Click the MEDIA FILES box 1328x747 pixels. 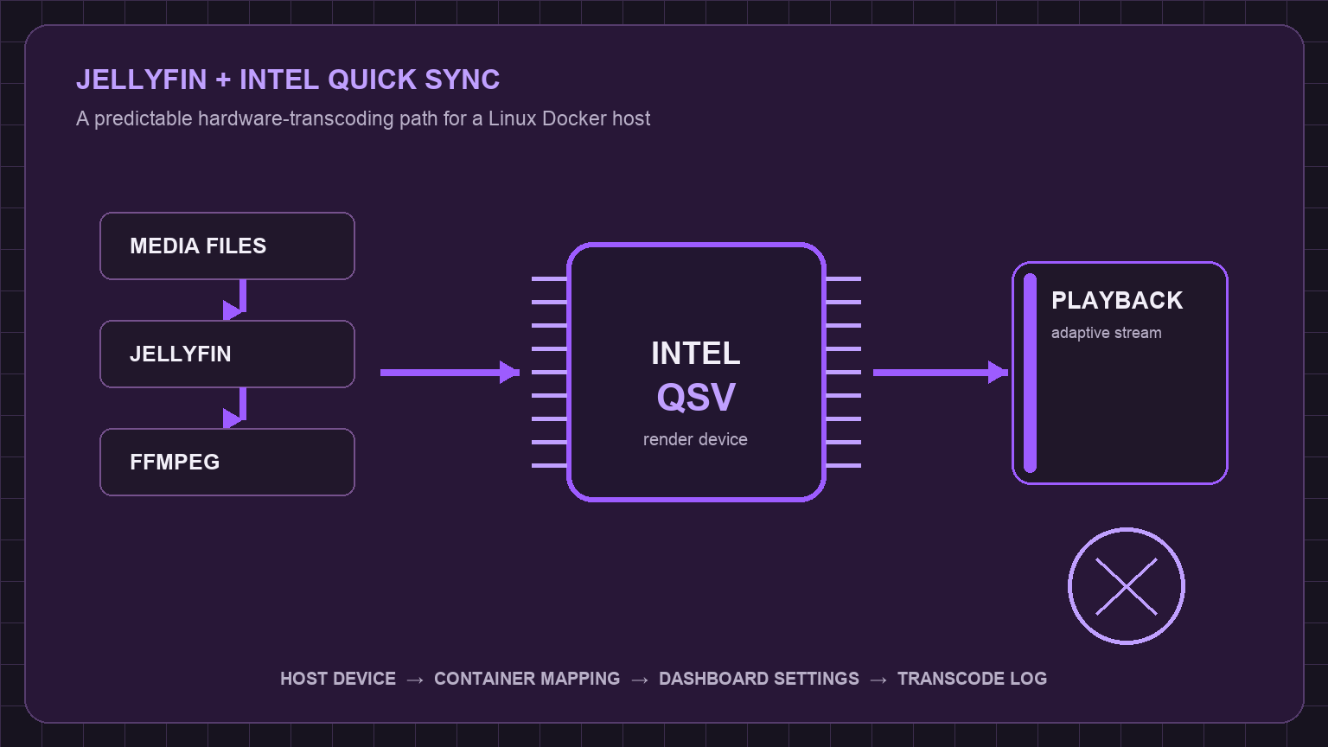227,246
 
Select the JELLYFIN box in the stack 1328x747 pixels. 227,354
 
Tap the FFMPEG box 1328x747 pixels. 227,462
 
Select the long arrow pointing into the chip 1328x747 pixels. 450,373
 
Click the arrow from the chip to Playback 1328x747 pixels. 941,373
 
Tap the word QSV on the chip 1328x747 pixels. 696,397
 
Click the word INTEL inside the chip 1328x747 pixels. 696,354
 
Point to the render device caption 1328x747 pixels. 695,439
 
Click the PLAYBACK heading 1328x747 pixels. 1117,301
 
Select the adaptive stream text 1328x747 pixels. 1107,333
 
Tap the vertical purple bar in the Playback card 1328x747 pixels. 1031,373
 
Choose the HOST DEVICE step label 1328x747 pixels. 338,678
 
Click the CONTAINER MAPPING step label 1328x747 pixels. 527,678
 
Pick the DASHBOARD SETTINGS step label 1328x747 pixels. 759,678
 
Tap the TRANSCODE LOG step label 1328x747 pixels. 973,678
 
